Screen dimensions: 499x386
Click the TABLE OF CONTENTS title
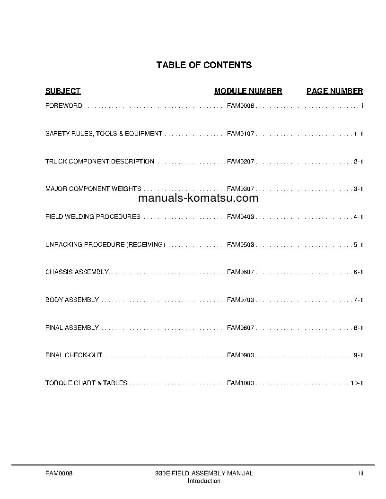[x=204, y=65]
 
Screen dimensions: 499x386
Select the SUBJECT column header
[x=63, y=91]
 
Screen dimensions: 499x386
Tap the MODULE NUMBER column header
[x=248, y=91]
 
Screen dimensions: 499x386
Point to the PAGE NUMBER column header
[x=334, y=91]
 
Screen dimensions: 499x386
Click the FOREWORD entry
[x=64, y=106]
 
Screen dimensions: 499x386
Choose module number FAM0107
[x=240, y=134]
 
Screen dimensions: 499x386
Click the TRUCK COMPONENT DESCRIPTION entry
[x=100, y=162]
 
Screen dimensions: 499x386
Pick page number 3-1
[x=358, y=189]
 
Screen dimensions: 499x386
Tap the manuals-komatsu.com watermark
[x=198, y=198]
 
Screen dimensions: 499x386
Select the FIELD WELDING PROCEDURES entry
[x=93, y=217]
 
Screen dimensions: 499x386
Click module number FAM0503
[x=240, y=245]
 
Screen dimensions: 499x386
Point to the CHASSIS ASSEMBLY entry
[x=77, y=272]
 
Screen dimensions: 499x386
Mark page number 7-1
[x=358, y=300]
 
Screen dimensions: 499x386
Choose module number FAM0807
[x=240, y=327]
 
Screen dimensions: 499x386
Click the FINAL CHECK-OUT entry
[x=74, y=355]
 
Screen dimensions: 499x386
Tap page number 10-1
[x=356, y=383]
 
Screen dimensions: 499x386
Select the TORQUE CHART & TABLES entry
[x=86, y=383]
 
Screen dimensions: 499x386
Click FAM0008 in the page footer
[x=59, y=473]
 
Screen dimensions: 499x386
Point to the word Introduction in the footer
[x=204, y=481]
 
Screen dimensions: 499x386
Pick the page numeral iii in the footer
[x=360, y=473]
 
